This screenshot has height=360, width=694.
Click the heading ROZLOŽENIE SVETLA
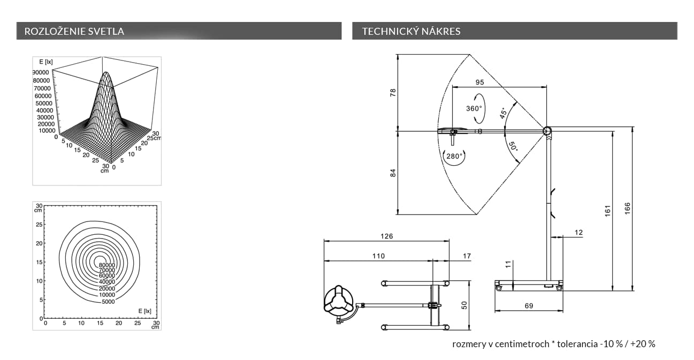pos(74,31)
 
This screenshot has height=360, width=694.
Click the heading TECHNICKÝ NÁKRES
pos(411,31)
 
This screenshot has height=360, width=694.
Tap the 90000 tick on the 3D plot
pos(41,73)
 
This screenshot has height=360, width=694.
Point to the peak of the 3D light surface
pos(106,73)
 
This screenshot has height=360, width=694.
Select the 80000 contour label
pos(107,265)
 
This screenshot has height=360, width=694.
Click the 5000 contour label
pos(108,302)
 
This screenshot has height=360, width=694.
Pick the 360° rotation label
pos(474,109)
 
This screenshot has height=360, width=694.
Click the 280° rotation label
pos(454,156)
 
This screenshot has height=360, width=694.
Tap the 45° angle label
pos(504,113)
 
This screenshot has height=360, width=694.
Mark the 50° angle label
pos(513,146)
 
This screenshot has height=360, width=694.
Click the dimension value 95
pos(479,82)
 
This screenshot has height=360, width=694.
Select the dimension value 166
pos(628,209)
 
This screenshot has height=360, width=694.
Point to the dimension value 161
pos(607,211)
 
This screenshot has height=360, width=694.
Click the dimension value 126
pos(387,236)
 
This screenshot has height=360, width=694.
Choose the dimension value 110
pos(378,256)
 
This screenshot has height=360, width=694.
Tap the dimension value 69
pos(529,306)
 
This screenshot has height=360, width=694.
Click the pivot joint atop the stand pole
pos(547,131)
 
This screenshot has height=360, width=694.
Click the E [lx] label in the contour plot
pos(144,311)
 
